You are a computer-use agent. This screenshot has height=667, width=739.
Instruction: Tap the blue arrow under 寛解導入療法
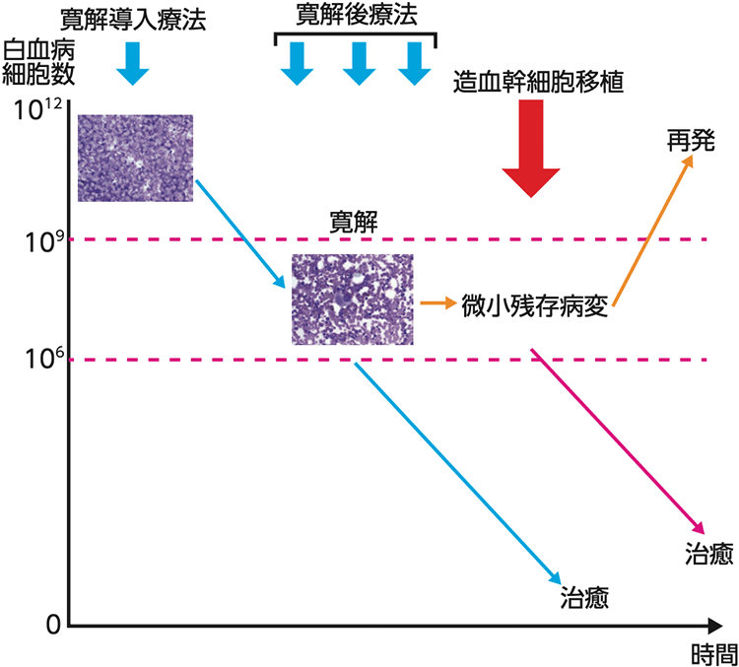click(x=133, y=65)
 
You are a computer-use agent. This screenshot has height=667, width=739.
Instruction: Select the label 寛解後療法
click(x=354, y=15)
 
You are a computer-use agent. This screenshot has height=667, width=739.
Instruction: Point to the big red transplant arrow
click(x=531, y=148)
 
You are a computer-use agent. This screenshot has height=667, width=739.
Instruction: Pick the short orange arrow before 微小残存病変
click(x=437, y=303)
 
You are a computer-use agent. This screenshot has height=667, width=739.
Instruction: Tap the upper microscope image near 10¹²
click(x=135, y=158)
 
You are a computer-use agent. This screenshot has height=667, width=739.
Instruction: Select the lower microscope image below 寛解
click(x=351, y=299)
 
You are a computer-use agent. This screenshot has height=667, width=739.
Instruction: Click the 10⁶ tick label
click(x=36, y=359)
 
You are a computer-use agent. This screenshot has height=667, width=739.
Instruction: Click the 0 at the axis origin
click(x=54, y=623)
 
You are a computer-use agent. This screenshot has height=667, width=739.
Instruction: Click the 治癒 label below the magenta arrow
click(x=706, y=555)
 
